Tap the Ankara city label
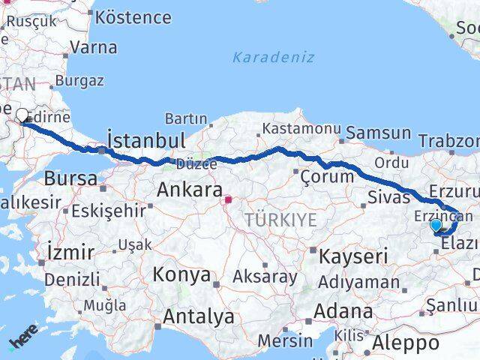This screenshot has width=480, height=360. [x=189, y=190]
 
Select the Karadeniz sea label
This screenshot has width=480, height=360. [x=273, y=57]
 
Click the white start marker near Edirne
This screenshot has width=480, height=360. [x=22, y=115]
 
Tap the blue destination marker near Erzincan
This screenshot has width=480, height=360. [x=436, y=224]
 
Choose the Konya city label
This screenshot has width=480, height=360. [x=181, y=275]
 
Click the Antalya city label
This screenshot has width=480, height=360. [x=198, y=317]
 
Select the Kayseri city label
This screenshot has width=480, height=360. [x=352, y=256]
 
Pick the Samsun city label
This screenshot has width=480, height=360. [x=379, y=133]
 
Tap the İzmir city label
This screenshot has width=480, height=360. [x=70, y=251]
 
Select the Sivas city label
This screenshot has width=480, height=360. [x=389, y=197]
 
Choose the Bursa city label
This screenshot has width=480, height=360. [x=70, y=179]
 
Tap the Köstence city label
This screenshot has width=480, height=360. [x=133, y=16]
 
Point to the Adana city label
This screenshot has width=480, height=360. [x=343, y=310]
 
